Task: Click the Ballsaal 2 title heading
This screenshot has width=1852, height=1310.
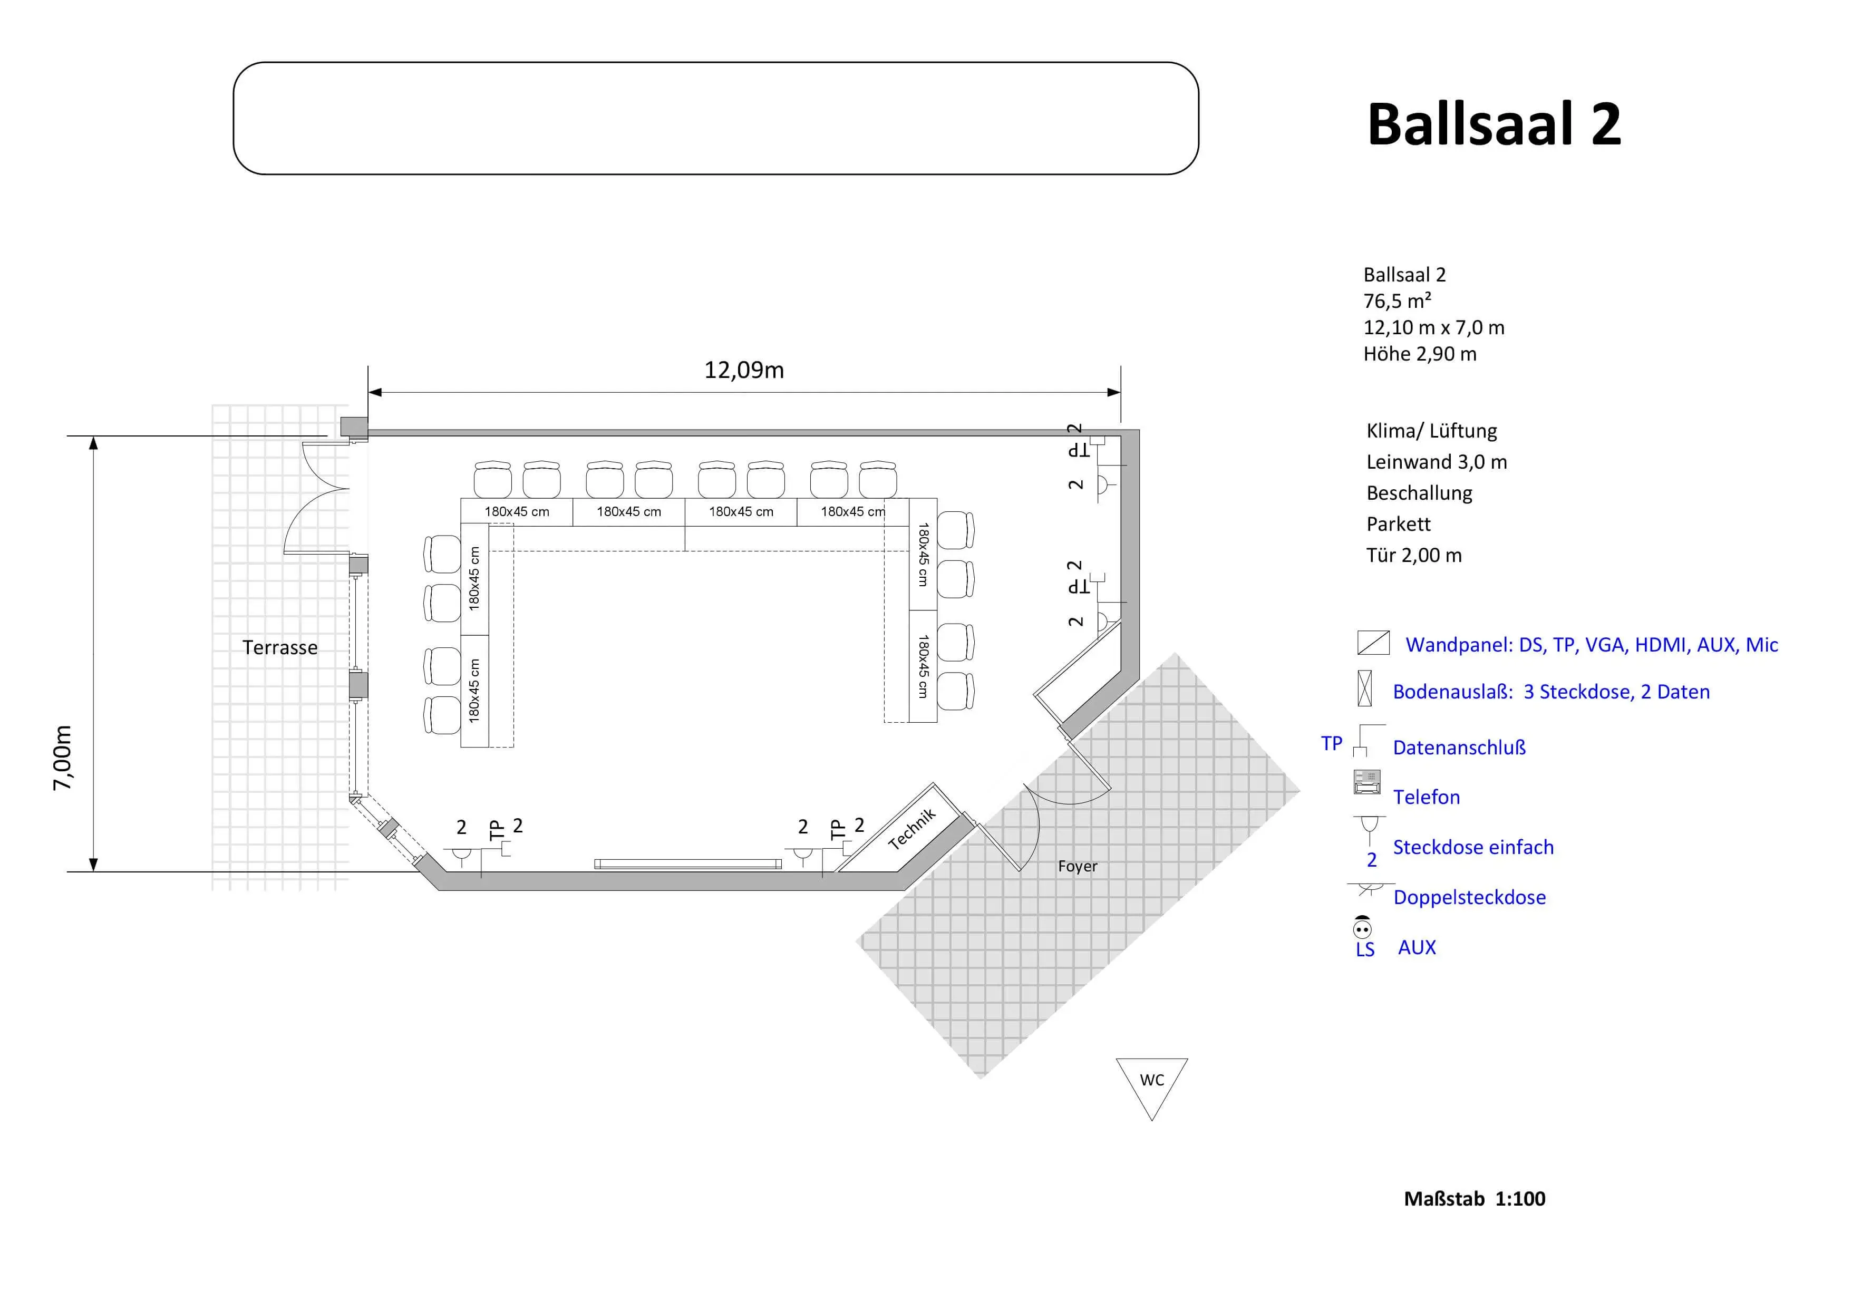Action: (x=1494, y=124)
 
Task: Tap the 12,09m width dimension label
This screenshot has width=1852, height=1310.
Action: (x=744, y=370)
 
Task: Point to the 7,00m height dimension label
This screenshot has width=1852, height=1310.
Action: (x=62, y=758)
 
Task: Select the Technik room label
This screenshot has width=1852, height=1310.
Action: (x=912, y=828)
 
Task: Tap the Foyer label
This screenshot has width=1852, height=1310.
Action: (x=1078, y=866)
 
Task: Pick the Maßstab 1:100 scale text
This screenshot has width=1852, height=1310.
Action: (x=1475, y=1199)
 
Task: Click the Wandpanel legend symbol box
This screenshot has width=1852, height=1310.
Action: (x=1373, y=643)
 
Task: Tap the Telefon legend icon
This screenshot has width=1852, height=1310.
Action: (x=1366, y=782)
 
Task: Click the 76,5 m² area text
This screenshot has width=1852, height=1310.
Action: (x=1397, y=301)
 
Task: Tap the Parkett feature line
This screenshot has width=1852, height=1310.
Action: (x=1398, y=525)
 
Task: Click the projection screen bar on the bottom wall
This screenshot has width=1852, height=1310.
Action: (x=688, y=864)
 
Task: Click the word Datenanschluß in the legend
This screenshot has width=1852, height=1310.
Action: (x=1459, y=748)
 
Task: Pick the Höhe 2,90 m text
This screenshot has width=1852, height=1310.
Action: (x=1420, y=354)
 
